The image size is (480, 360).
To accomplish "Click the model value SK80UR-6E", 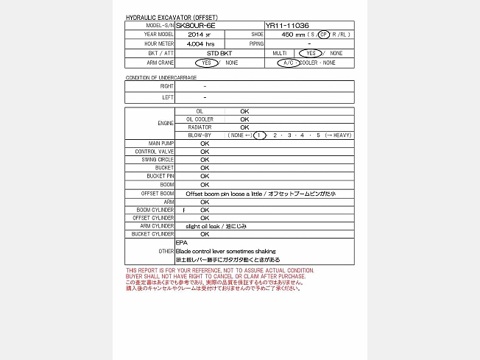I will [x=195, y=25].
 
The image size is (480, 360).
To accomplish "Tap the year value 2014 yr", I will [x=200, y=35].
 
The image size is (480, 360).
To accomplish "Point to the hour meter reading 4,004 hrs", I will [x=200, y=44].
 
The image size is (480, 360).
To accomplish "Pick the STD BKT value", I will [x=219, y=54].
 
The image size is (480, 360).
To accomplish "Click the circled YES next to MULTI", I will [x=310, y=54].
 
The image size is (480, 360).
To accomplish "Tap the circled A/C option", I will [x=287, y=63].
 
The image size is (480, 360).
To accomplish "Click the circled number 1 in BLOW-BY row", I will [x=258, y=135].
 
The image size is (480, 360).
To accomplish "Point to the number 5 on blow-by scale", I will [x=318, y=135].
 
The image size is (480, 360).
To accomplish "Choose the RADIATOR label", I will [x=199, y=127].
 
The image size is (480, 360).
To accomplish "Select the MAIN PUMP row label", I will [x=162, y=144].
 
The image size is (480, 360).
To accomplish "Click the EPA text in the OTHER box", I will [x=181, y=242].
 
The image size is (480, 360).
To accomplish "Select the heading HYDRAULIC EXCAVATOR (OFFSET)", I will [x=172, y=17].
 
